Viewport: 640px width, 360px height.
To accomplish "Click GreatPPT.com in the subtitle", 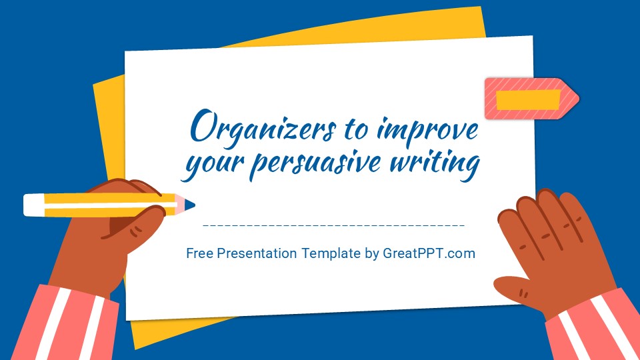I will (429, 253).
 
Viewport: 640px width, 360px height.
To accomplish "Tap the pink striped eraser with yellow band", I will (531, 99).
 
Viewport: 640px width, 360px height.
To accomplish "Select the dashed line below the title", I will (333, 225).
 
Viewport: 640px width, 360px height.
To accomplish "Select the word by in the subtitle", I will (371, 253).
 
